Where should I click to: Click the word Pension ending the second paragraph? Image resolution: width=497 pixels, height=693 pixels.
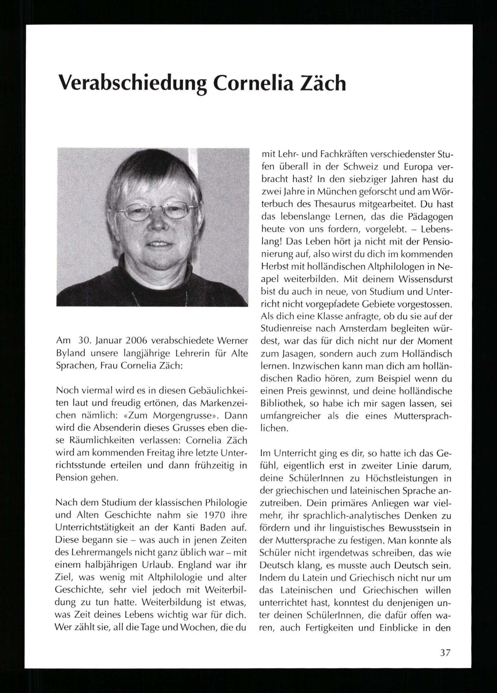pyautogui.click(x=71, y=478)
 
